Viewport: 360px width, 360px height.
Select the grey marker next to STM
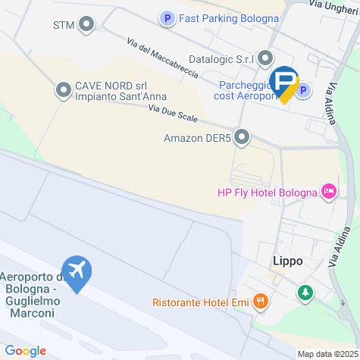click(x=86, y=25)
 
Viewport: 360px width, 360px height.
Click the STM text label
click(x=64, y=25)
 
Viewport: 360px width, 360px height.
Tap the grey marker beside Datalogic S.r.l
click(x=265, y=58)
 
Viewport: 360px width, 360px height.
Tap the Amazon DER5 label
click(x=196, y=138)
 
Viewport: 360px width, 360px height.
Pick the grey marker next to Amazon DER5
click(x=242, y=137)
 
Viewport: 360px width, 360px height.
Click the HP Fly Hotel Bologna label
click(x=266, y=192)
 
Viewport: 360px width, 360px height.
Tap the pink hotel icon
click(x=329, y=191)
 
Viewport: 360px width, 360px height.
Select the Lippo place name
click(x=287, y=261)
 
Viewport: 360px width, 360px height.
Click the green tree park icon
click(x=305, y=292)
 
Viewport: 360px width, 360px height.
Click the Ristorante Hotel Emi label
click(x=201, y=302)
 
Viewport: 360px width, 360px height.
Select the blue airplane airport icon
click(x=77, y=270)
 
